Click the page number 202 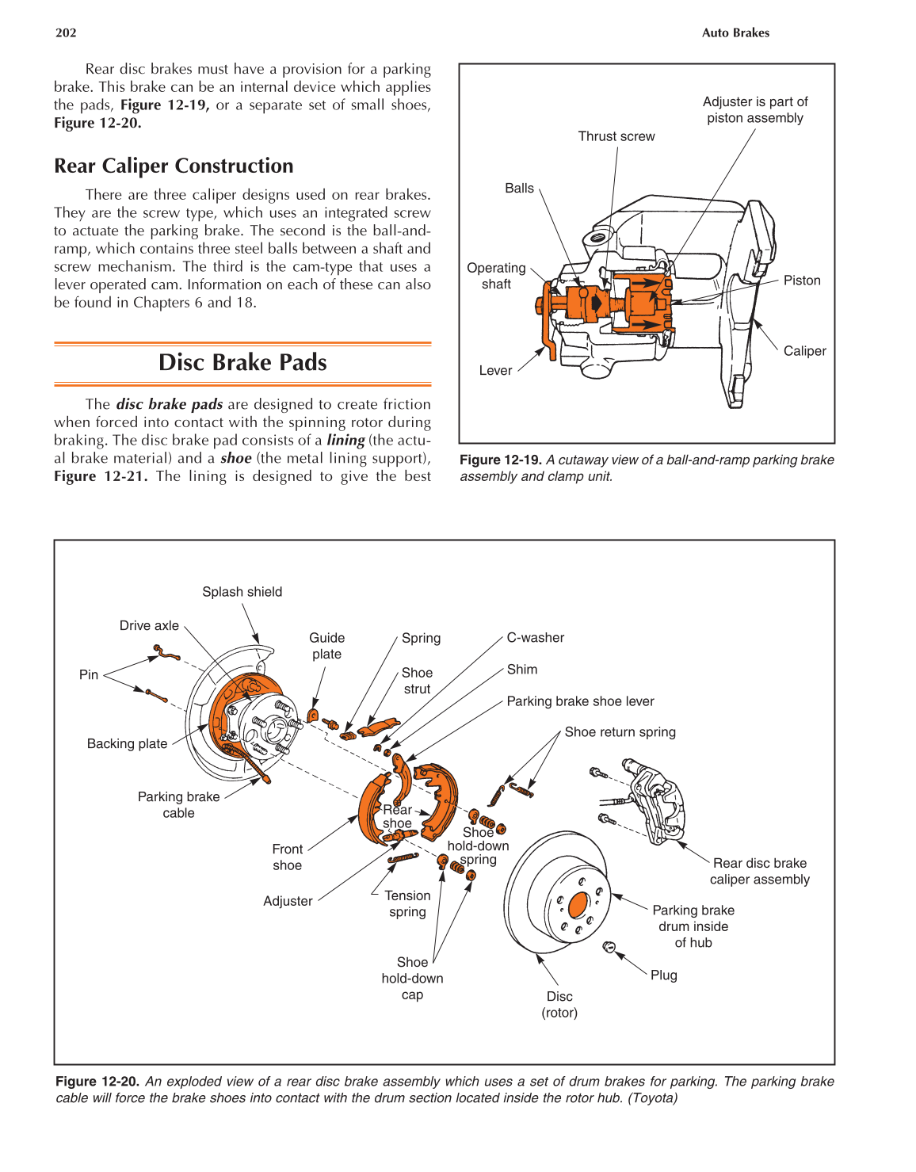[x=66, y=32]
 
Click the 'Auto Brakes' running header [x=735, y=32]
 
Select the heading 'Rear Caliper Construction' [x=174, y=166]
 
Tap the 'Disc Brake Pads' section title [x=242, y=362]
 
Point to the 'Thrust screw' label [x=616, y=136]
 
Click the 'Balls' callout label [x=519, y=188]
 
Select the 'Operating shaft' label [x=496, y=276]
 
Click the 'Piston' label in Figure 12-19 [x=802, y=281]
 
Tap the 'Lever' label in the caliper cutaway [x=495, y=370]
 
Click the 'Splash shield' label [x=242, y=592]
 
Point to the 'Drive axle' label [x=149, y=625]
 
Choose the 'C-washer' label [x=536, y=637]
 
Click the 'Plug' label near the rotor [x=664, y=975]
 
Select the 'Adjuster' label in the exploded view [x=288, y=901]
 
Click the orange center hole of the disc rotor [x=578, y=905]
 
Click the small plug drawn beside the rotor [x=609, y=946]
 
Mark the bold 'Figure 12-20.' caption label [x=97, y=1082]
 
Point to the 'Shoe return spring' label [x=620, y=732]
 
